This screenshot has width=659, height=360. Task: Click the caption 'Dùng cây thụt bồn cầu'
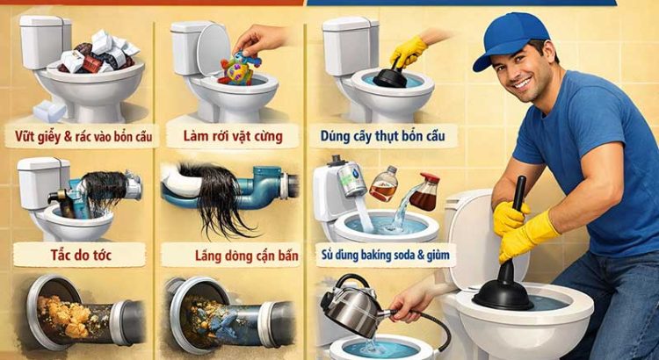(377, 136)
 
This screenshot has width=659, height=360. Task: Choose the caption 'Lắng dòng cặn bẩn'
(229, 256)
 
